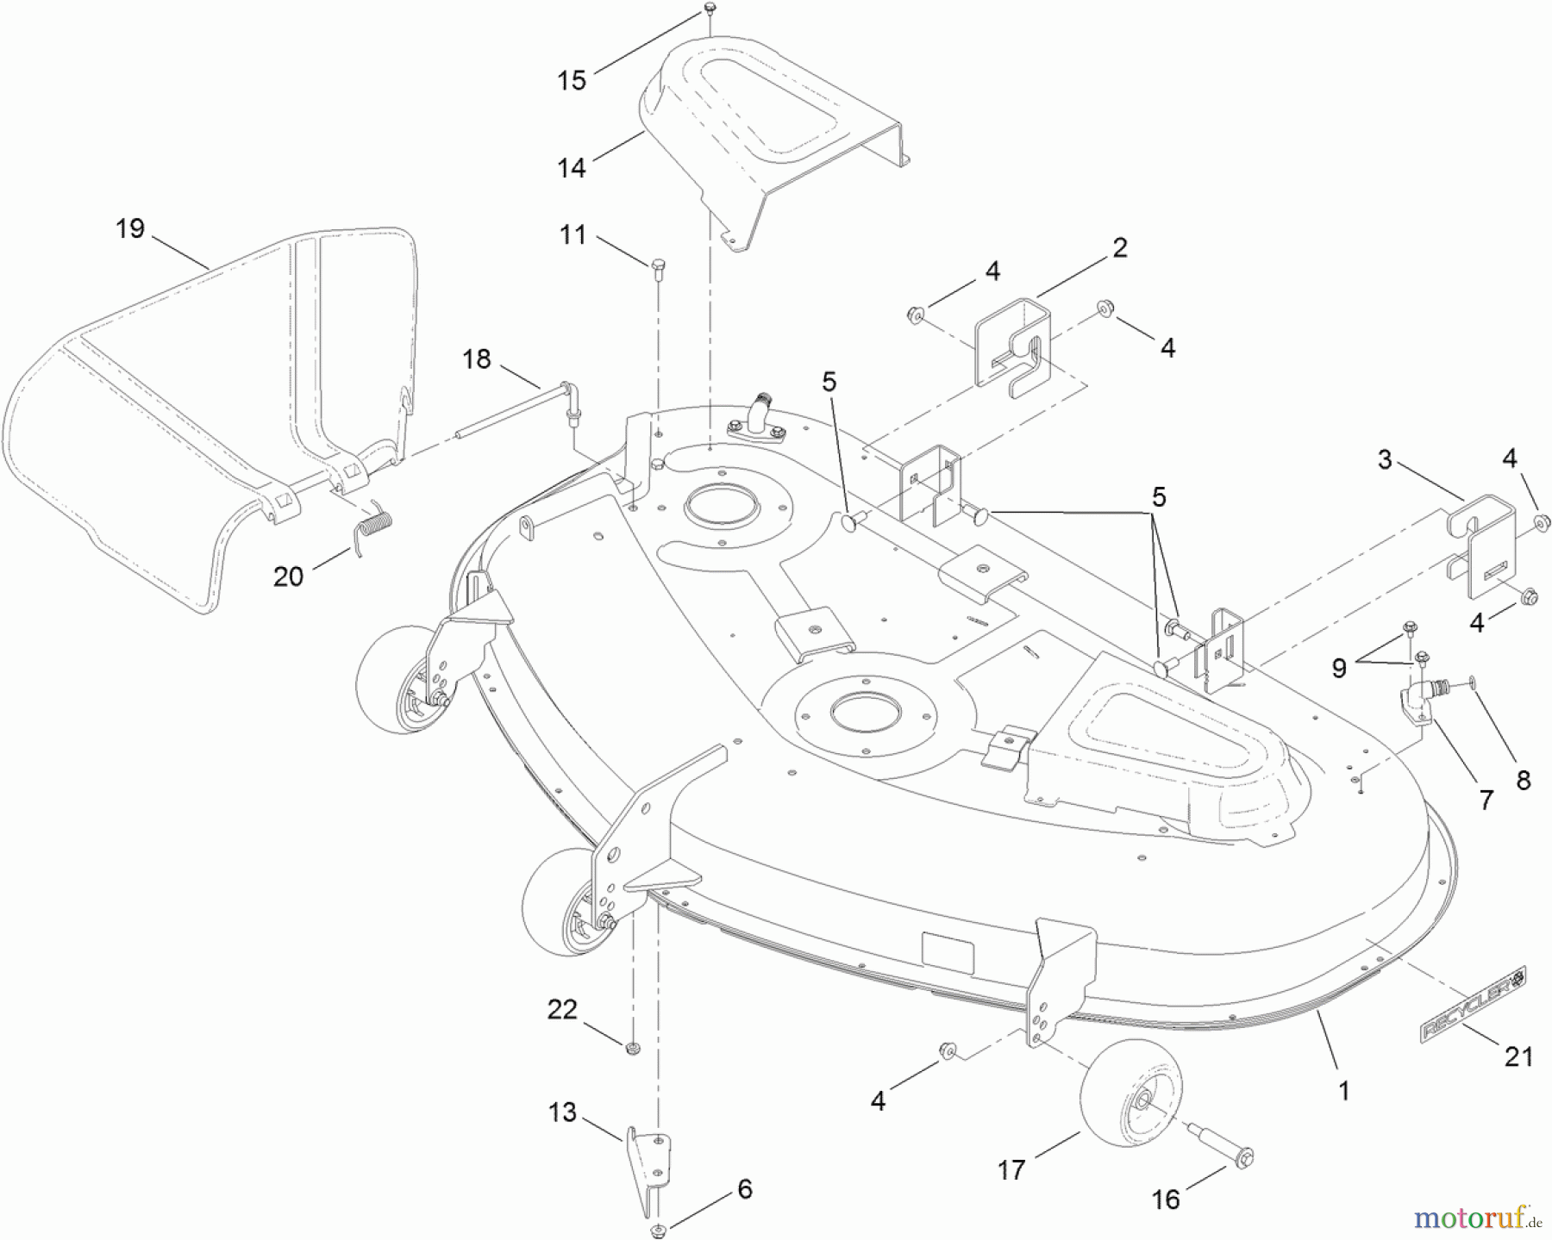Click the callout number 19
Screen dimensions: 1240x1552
pos(130,229)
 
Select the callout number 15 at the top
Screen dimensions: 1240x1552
pos(571,81)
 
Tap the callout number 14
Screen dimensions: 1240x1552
pos(571,167)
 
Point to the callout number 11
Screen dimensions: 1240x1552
pos(573,234)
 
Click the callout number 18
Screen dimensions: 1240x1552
pos(476,358)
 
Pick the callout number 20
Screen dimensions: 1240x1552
pos(288,576)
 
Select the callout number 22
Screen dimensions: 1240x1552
pos(562,1009)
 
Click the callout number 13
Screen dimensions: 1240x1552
pos(562,1112)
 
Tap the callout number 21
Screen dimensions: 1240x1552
pos(1518,1056)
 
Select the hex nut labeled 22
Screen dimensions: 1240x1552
pos(632,1048)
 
